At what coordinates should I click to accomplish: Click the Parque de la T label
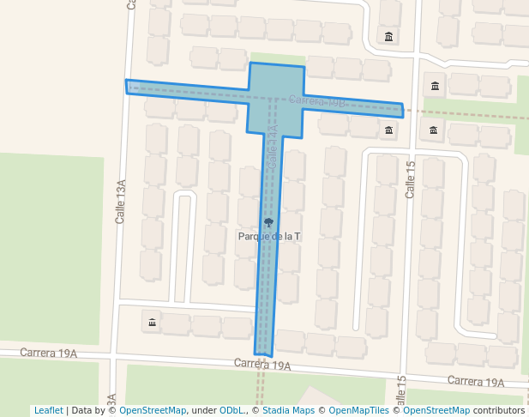pos(268,235)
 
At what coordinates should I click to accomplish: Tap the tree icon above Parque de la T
pos(269,222)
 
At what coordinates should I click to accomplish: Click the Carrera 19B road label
pos(316,101)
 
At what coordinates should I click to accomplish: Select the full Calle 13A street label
pos(121,202)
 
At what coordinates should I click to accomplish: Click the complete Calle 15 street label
pos(410,179)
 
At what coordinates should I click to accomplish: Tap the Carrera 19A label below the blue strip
pos(262,365)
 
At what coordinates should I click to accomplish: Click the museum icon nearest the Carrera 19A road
pos(153,323)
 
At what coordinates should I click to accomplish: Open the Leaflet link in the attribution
pos(48,410)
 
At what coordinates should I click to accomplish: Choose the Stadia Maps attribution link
pos(287,410)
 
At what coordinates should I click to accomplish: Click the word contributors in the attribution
pos(499,410)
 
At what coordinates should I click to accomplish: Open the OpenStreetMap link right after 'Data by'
pos(153,410)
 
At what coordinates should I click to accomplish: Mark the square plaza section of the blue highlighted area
pos(276,100)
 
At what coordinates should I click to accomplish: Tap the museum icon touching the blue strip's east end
pos(390,130)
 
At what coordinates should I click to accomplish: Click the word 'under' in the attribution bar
pos(204,410)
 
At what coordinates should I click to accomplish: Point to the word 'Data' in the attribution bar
pos(82,410)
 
